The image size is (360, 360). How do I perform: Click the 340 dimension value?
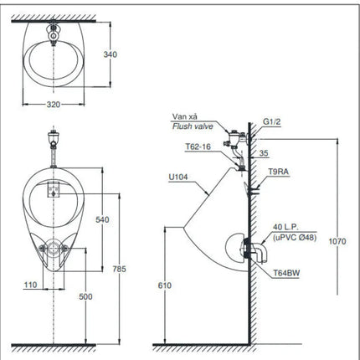[x=111, y=54]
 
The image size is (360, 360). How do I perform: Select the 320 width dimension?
[x=54, y=105]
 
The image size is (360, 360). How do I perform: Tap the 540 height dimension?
[x=102, y=219]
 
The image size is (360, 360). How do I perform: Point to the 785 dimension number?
[x=120, y=269]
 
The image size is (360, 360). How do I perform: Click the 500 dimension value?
[x=85, y=296]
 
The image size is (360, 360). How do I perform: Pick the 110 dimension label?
[x=30, y=285]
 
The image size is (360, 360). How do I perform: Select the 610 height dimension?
[x=165, y=285]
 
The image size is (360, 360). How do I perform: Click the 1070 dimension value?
[x=337, y=241]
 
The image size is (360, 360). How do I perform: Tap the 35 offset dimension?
[x=264, y=153]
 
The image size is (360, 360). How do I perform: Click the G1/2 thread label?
[x=271, y=121]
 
